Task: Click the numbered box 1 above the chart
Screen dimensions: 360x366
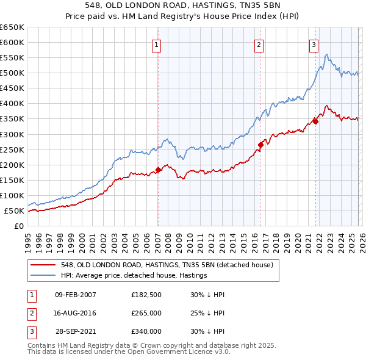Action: point(157,44)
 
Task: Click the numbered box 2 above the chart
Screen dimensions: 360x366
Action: point(259,44)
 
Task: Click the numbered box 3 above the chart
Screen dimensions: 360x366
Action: point(314,44)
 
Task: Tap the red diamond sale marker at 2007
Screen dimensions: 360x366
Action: point(158,170)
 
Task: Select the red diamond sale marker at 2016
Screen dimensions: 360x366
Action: point(260,145)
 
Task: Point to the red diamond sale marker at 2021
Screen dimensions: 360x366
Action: point(315,121)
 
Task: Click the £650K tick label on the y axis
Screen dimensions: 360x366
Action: point(12,27)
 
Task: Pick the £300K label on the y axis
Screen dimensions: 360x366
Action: point(12,134)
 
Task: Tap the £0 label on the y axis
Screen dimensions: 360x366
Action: point(18,226)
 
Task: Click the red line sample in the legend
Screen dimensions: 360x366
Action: point(44,265)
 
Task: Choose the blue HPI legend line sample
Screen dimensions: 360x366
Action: point(44,275)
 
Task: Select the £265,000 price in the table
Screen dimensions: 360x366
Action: point(146,313)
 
